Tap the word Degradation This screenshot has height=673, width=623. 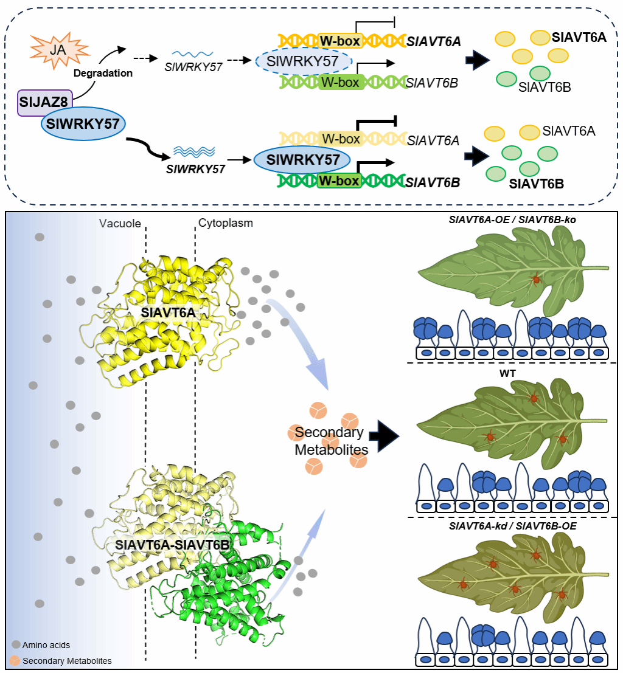coord(103,73)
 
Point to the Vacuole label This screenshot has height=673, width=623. coord(120,223)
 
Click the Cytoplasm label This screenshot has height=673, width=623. coord(226,223)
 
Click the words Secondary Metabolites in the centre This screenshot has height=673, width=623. coord(329,441)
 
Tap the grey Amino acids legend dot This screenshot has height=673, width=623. coord(16,644)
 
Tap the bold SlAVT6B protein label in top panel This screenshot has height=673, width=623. coord(535,184)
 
